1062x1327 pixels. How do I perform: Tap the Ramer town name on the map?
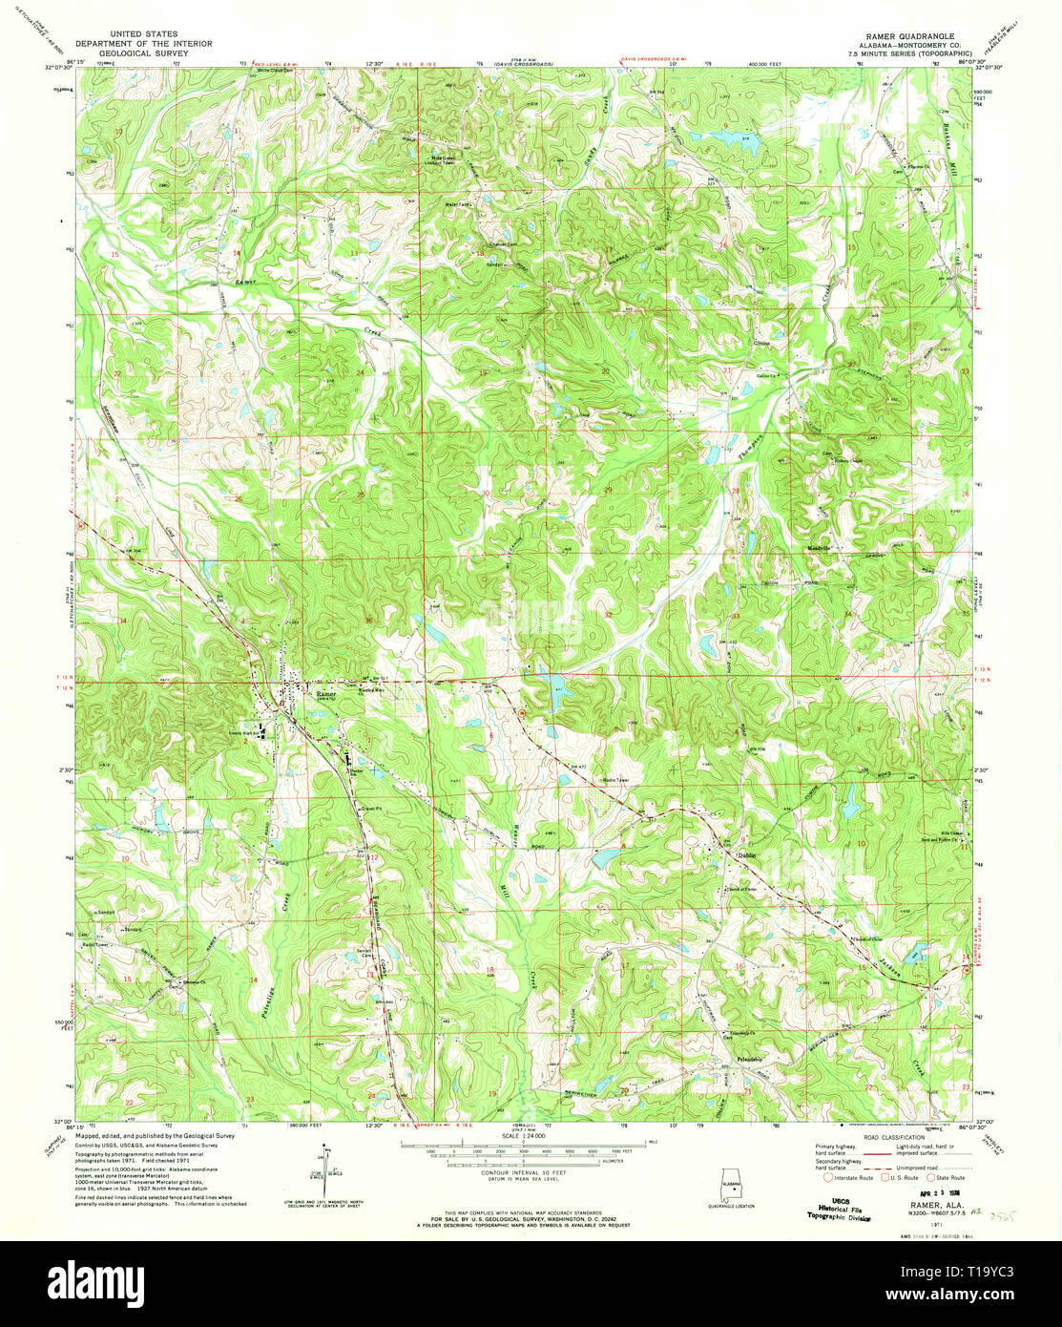tap(327, 694)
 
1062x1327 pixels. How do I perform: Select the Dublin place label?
tap(745, 855)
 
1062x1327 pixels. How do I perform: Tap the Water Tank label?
tap(456, 204)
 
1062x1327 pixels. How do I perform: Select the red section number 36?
tap(368, 621)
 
